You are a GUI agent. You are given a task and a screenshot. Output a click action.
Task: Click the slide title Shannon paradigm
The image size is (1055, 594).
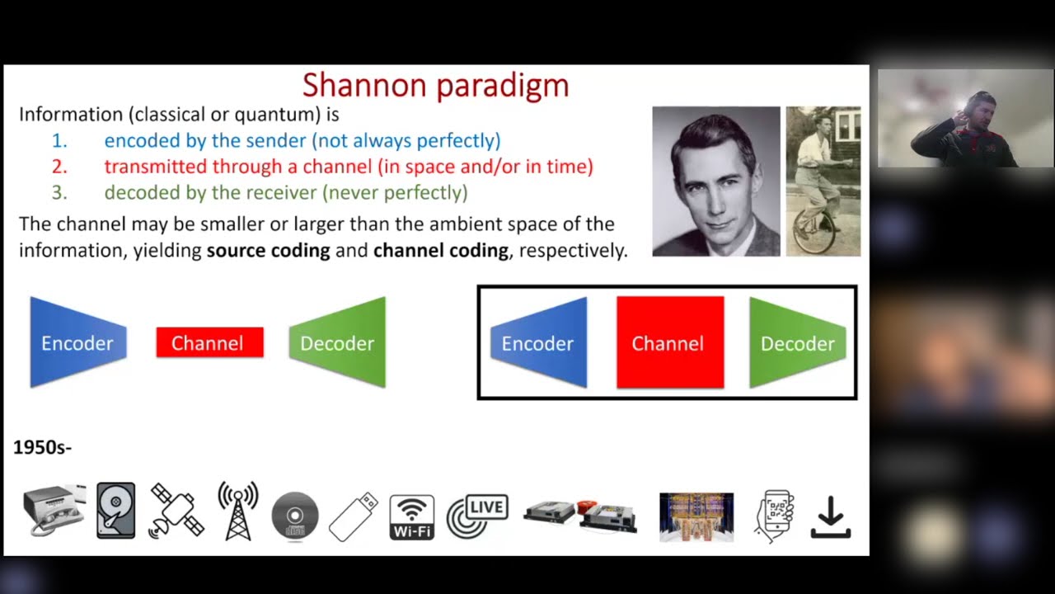coord(435,85)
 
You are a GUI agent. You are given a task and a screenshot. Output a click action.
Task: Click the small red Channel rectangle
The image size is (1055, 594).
coord(209,342)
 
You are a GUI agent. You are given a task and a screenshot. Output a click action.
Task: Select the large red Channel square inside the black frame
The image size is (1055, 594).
coord(670,342)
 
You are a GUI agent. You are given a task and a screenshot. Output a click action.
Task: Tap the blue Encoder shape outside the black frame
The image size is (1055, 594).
coord(77,342)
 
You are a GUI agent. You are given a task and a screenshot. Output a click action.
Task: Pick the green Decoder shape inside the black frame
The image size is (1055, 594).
coord(797,342)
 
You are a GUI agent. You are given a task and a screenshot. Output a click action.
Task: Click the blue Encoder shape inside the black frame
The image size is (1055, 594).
coord(539,342)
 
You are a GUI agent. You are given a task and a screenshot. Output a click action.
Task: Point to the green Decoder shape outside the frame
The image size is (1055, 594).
coord(338,342)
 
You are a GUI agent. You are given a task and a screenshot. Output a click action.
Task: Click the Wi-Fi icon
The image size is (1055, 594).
coord(411,516)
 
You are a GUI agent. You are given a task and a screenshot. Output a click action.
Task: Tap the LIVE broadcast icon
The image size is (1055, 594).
coord(477,516)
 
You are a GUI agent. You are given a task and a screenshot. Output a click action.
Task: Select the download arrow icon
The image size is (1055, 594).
coord(830,516)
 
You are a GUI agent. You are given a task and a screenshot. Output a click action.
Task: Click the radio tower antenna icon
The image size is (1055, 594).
coord(238,511)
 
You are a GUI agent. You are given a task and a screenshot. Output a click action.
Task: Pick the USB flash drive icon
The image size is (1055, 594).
coord(353,516)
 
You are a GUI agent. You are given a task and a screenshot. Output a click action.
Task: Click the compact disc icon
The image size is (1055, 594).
coord(294,516)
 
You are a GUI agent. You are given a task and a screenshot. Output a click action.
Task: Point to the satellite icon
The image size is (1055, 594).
coord(176,511)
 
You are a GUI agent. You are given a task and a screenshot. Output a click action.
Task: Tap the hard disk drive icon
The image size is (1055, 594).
coord(115,511)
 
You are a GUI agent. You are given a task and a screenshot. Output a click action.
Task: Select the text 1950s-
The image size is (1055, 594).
coord(42,447)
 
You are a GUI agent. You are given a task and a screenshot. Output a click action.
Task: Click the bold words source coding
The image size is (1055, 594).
coord(268,250)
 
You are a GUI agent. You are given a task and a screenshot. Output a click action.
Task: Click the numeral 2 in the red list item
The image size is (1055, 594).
coord(59,167)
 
